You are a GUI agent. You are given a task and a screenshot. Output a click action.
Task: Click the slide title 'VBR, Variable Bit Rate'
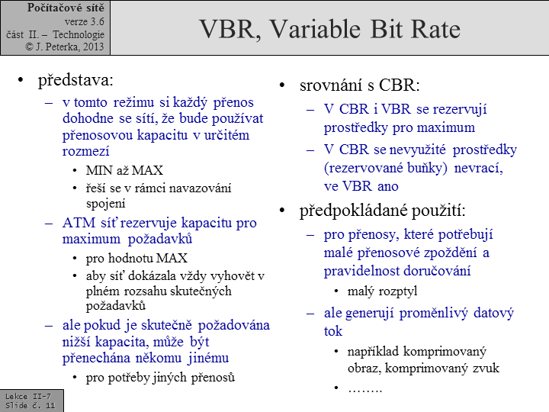coord(329,29)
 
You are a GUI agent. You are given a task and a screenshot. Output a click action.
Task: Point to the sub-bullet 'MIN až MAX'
coord(124,170)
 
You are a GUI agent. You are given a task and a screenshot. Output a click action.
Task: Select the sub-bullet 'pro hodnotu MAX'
coord(136,258)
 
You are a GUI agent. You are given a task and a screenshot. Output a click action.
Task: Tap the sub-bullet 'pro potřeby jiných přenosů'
coord(160,377)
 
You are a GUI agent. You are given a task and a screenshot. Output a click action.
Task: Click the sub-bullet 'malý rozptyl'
coord(384,291)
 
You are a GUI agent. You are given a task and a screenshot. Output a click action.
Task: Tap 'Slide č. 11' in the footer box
coord(30,406)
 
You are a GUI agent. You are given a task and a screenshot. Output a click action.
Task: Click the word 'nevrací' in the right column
coord(482,167)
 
